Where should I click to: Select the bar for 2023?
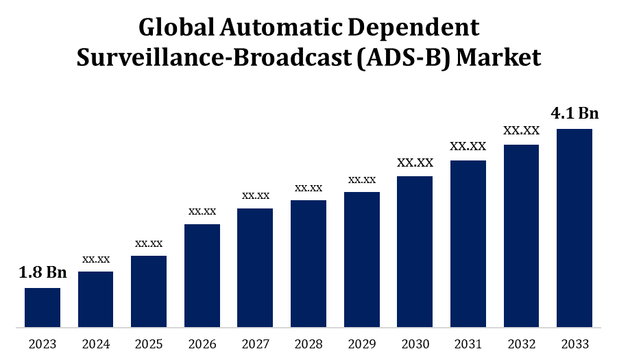[43, 307]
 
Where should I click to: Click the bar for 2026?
[202, 275]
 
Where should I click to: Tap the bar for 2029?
[361, 259]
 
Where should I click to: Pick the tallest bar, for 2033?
[574, 228]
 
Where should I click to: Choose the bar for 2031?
[468, 243]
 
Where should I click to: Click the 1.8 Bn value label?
[43, 273]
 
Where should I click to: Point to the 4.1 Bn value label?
[574, 113]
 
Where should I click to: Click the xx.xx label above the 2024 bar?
[96, 259]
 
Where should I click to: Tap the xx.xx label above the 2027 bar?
[255, 195]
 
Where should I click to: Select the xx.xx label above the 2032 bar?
[521, 130]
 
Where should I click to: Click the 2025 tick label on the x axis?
[149, 344]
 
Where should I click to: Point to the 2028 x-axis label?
[308, 344]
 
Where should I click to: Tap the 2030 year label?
[415, 344]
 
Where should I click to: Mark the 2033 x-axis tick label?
[574, 344]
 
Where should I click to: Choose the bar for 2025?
[149, 291]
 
